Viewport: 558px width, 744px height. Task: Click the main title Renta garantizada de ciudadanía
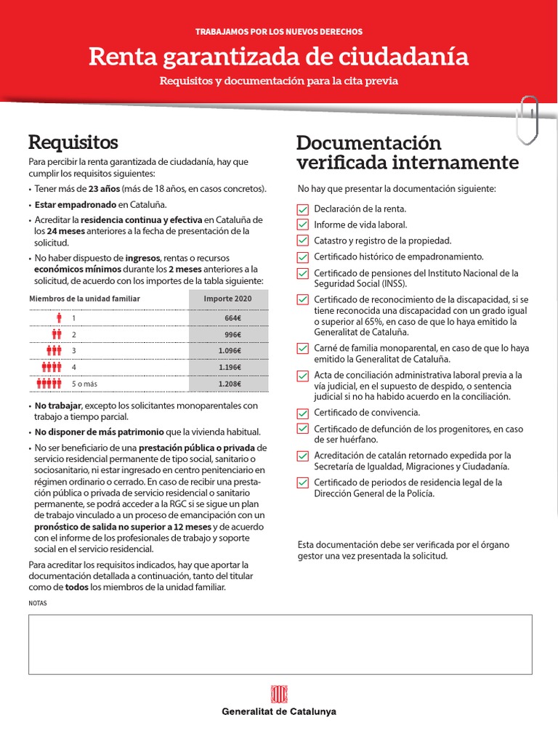(x=279, y=57)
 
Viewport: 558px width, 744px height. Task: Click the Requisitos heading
(x=73, y=141)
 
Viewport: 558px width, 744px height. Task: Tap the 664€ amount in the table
(x=232, y=318)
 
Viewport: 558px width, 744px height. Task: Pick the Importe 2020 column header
(x=227, y=299)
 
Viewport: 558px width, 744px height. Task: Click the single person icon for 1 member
(x=59, y=318)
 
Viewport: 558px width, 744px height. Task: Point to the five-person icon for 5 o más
(x=49, y=384)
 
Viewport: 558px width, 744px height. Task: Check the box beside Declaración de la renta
(x=303, y=209)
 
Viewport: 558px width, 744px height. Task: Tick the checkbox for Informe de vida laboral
(x=303, y=225)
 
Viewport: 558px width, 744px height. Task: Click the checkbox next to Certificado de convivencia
(x=303, y=413)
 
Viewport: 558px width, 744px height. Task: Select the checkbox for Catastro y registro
(x=303, y=240)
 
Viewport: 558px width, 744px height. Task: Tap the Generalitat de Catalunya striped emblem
(x=279, y=694)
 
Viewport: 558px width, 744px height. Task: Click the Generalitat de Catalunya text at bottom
(x=279, y=712)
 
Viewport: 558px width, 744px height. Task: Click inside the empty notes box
(x=279, y=644)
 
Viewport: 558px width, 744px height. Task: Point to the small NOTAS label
(x=37, y=603)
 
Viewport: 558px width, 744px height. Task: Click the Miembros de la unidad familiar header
(x=84, y=299)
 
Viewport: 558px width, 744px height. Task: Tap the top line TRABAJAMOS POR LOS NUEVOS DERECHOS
(x=279, y=32)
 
